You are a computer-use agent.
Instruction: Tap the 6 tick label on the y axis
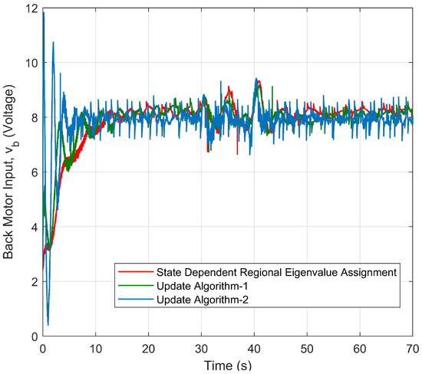point(33,172)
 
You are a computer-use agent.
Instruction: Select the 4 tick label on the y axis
point(33,228)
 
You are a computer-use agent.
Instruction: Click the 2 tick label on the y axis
point(33,282)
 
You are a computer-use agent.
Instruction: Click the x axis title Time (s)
point(228,364)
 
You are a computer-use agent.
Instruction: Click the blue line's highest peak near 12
point(44,12)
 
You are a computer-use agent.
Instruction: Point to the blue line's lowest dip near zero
point(48,325)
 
